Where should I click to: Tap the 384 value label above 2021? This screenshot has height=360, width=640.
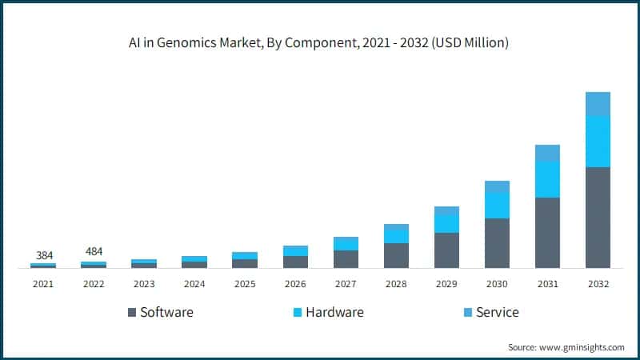point(44,255)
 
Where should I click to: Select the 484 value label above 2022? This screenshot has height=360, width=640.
point(94,251)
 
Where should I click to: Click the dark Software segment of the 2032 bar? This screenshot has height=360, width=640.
point(598,217)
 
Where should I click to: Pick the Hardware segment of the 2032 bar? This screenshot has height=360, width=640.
point(598,141)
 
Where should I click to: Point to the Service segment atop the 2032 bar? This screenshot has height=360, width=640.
point(598,103)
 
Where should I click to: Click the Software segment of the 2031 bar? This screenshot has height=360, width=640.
point(547,232)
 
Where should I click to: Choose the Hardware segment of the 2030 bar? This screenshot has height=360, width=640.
point(497,205)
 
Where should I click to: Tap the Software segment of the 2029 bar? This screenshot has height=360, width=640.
point(446,250)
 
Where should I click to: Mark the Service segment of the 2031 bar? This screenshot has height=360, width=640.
point(547,153)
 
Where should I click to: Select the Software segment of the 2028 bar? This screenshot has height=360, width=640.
point(396,255)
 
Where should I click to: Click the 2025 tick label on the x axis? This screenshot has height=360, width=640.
point(245,283)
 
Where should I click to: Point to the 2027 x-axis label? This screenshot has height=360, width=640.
point(346,283)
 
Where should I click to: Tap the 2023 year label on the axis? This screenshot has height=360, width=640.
point(144,283)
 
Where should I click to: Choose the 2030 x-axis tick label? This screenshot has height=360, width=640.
point(497,283)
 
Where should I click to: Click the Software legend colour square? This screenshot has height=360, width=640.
point(130,312)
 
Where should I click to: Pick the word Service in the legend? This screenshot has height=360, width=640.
point(497,312)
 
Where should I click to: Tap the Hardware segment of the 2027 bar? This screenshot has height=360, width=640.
point(346,243)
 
